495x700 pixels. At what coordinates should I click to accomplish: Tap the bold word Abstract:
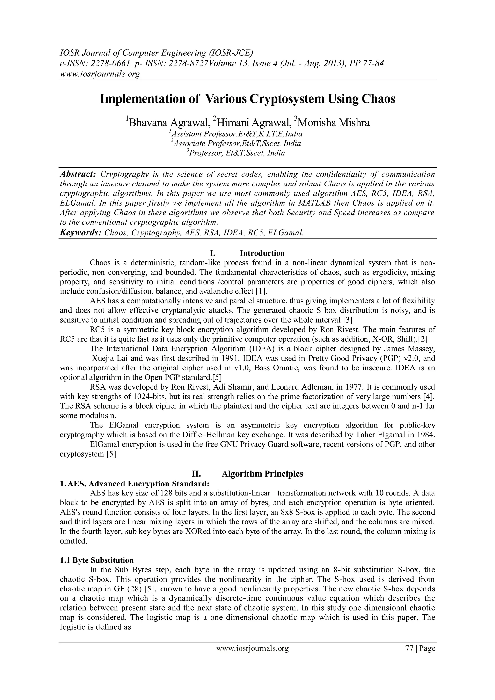[78, 174]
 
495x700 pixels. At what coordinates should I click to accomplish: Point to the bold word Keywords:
[80, 233]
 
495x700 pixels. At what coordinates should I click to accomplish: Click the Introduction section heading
[262, 253]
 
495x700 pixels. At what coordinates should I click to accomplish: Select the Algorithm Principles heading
[262, 474]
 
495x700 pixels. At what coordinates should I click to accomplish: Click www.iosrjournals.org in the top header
[99, 74]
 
